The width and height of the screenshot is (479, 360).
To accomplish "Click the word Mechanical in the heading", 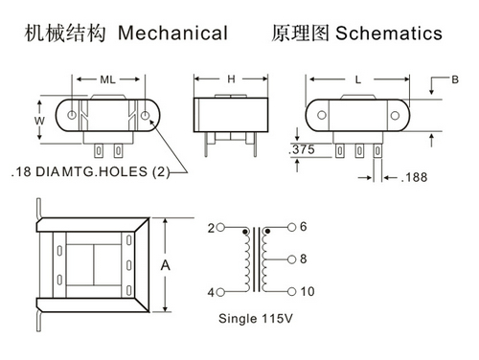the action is pos(172,33).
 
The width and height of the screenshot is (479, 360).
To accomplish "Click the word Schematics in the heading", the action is pos(389,33).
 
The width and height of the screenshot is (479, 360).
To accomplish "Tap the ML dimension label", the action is pos(107,79).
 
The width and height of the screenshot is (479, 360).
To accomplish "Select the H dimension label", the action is pos(231,79).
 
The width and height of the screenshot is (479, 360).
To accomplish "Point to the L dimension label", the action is pos(358,79).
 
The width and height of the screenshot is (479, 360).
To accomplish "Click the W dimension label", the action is pos(39,121).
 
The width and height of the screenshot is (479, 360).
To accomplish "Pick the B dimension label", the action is pos(455,79).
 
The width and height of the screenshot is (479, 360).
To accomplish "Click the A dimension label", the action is pos(165,265).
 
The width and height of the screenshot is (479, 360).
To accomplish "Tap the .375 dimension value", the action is pos(302,149).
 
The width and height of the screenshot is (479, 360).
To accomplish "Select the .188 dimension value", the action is pos(414,177).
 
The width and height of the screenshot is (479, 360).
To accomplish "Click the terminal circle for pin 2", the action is pos(220,228).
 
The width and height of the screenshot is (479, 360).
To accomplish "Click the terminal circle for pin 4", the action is pos(220,292).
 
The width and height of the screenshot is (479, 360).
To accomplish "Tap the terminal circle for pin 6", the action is pos(291,227).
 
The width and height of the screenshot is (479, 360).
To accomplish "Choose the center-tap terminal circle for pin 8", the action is pos(291,259).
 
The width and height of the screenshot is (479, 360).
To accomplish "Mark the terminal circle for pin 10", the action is pos(291,291).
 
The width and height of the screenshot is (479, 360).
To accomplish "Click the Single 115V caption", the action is pos(256,318).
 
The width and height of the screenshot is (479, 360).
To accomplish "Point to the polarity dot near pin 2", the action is pos(245,232).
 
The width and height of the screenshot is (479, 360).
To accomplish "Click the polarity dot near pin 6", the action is pos(267,231).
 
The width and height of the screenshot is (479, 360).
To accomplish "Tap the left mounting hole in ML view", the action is pos(72,115).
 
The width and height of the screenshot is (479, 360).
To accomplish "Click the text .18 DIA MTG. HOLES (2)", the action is pos(90,171).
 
